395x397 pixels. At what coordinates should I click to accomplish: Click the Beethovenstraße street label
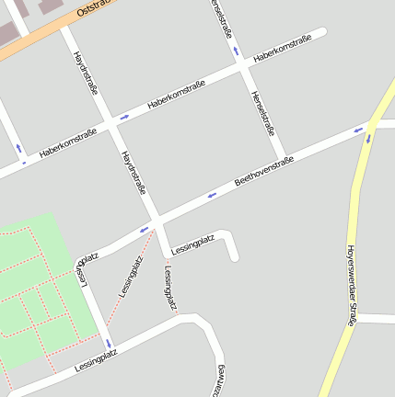click(263, 172)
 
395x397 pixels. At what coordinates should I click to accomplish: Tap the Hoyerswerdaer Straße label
click(351, 285)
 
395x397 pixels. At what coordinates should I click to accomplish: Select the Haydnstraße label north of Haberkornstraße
click(86, 74)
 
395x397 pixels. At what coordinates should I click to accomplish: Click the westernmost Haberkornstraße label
click(68, 143)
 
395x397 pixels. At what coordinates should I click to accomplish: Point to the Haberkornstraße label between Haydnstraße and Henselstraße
click(175, 99)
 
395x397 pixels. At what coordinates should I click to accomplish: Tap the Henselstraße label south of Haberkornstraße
click(263, 113)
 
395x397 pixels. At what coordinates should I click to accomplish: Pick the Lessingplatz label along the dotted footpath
click(131, 275)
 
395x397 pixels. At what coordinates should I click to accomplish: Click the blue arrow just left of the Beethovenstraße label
click(212, 194)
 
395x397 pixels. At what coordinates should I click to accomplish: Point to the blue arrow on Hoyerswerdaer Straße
click(369, 139)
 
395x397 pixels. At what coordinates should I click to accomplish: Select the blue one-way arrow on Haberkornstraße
click(124, 117)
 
